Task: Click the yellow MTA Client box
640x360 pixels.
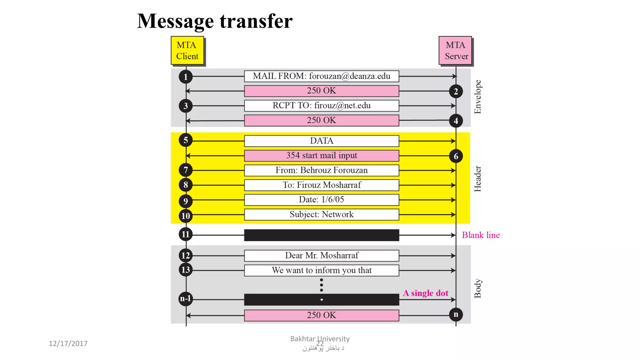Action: pyautogui.click(x=187, y=51)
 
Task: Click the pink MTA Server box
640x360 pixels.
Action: pyautogui.click(x=455, y=51)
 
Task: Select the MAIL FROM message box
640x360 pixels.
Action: pyautogui.click(x=322, y=76)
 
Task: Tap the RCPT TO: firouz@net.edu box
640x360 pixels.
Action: pyautogui.click(x=322, y=106)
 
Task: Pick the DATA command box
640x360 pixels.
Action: pyautogui.click(x=322, y=141)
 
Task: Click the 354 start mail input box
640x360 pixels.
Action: pyautogui.click(x=322, y=156)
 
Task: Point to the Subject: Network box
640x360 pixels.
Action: pyautogui.click(x=322, y=215)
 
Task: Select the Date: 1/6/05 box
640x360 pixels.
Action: pyautogui.click(x=322, y=200)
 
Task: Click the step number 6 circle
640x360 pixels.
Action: pyautogui.click(x=456, y=156)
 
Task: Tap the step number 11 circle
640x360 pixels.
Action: pyautogui.click(x=186, y=234)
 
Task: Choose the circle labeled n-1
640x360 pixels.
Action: pyautogui.click(x=186, y=299)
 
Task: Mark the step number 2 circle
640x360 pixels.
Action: pyautogui.click(x=456, y=91)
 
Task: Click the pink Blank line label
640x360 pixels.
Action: pyautogui.click(x=481, y=235)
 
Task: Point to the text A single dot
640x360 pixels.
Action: pyautogui.click(x=426, y=293)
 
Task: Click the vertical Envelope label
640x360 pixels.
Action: pyautogui.click(x=478, y=97)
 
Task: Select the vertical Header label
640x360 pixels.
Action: pyautogui.click(x=478, y=179)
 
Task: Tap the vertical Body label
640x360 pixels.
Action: pyautogui.click(x=478, y=288)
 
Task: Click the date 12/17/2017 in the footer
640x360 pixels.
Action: pyautogui.click(x=68, y=344)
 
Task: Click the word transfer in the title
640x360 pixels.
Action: pyautogui.click(x=256, y=21)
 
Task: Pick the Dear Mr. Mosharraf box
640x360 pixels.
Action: pyautogui.click(x=322, y=256)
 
